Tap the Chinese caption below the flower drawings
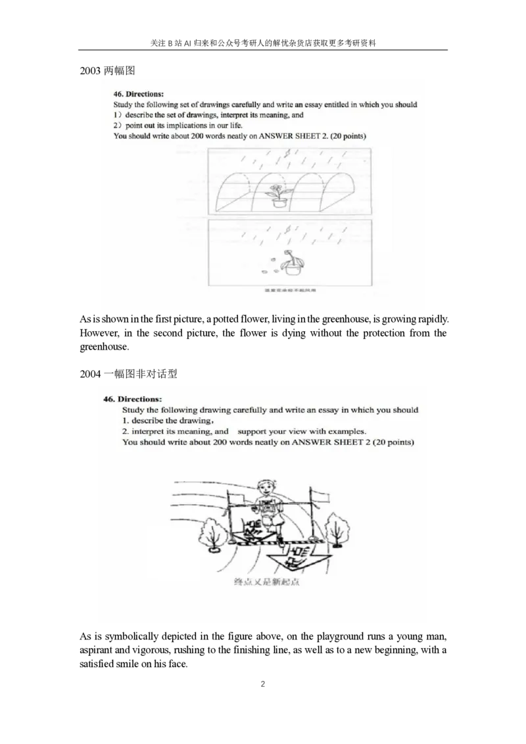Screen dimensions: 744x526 290,290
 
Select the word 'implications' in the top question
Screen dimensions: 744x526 175,125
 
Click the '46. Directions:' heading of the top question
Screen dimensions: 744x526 136,94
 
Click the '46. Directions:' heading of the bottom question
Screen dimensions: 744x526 132,399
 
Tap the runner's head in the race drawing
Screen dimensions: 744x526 266,488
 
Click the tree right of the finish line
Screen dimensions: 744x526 337,530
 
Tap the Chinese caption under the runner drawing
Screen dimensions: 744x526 266,583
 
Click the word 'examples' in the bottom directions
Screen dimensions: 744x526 345,431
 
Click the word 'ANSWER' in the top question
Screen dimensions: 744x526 277,136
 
